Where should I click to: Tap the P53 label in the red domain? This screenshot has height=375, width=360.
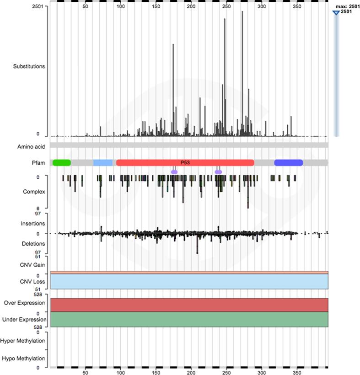coord(185,162)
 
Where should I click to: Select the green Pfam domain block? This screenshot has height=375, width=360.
coord(62,162)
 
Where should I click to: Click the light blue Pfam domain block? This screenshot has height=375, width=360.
coord(103,162)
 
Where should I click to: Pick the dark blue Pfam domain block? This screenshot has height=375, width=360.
coord(288,162)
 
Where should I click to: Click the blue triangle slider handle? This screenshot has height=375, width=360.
coord(336,12)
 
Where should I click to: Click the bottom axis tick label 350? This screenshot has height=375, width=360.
coord(297,372)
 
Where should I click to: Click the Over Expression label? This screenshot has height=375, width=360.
coord(25,303)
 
